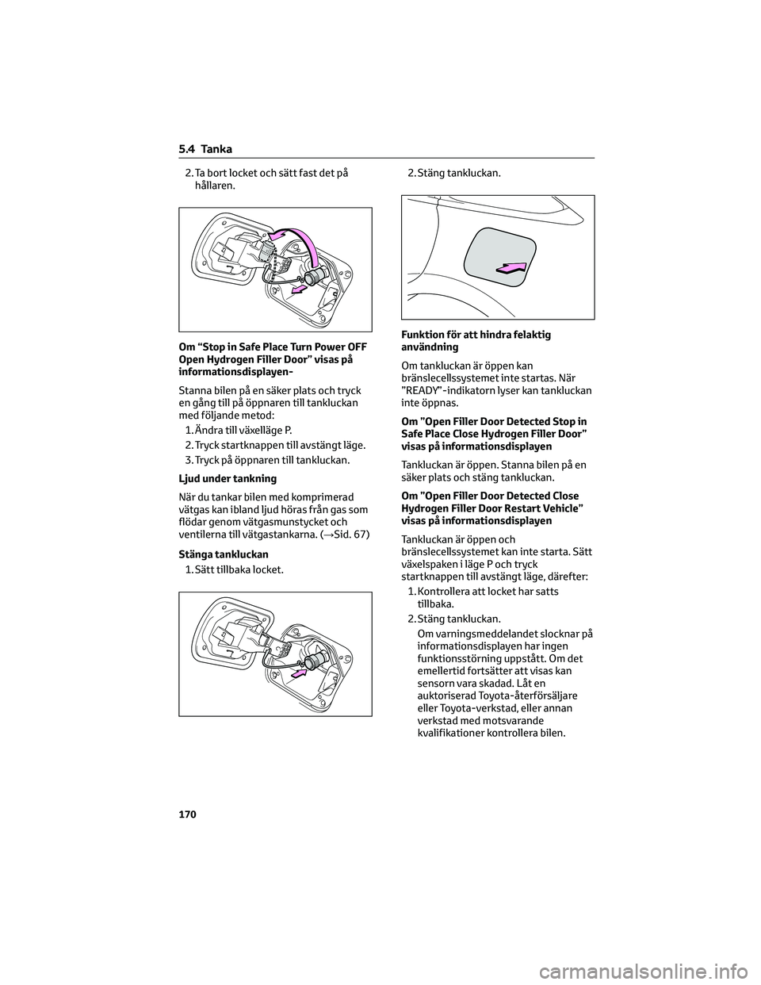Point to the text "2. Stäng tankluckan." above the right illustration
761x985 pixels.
click(453, 171)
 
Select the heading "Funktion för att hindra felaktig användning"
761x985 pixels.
click(476, 341)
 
